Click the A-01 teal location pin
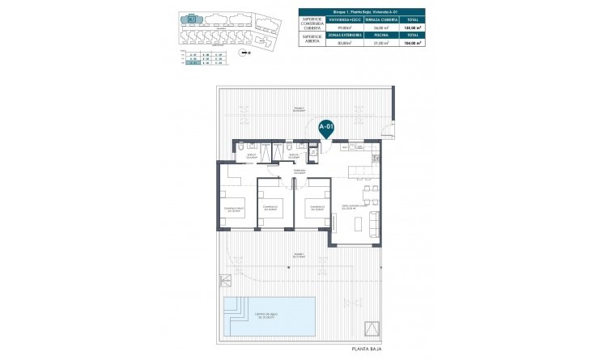pyautogui.click(x=325, y=128)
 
